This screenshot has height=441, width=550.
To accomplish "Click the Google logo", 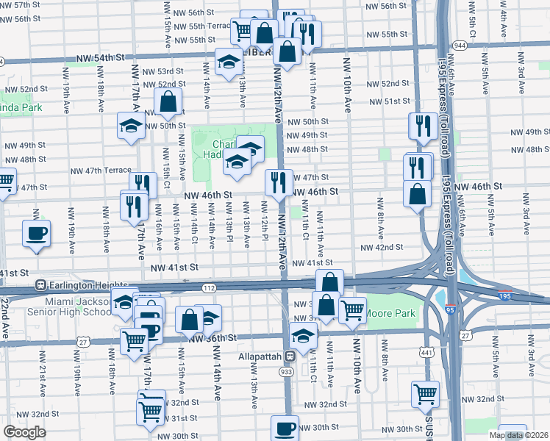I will tap(24, 432).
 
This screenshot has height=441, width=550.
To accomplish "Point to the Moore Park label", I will tap(391, 314).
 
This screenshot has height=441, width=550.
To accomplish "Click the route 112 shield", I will tap(209, 288).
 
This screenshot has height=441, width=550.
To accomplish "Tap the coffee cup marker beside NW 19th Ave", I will tap(35, 234).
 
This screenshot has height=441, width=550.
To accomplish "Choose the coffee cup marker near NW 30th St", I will tap(285, 428).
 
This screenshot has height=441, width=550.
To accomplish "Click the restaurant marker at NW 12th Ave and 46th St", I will tap(277, 183).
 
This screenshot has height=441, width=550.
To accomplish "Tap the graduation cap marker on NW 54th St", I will tap(229, 62).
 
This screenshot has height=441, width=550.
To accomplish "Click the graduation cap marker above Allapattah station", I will tap(302, 336).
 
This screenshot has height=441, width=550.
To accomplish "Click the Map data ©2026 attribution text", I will tap(519, 435).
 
